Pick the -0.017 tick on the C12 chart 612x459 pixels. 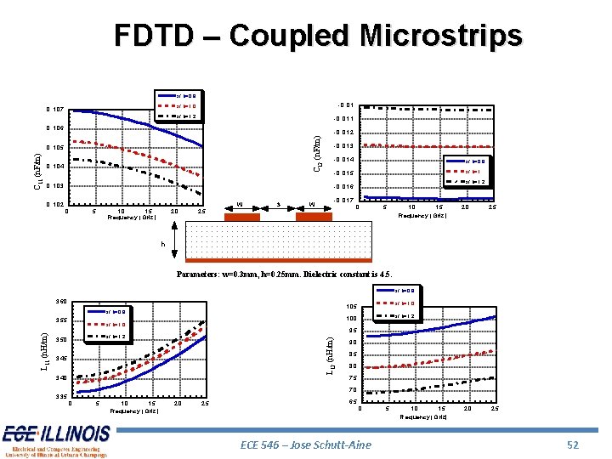[x=344, y=201]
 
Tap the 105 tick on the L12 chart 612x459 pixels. [x=351, y=307]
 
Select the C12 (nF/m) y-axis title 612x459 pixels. [x=317, y=153]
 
